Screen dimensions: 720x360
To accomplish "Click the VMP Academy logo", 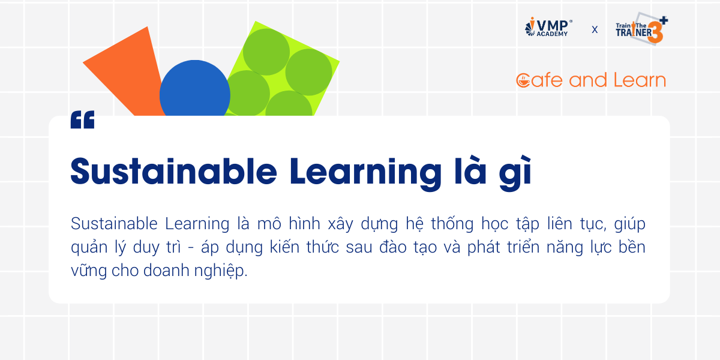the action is pyautogui.click(x=548, y=27).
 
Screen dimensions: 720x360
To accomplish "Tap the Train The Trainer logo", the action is pyautogui.click(x=642, y=29).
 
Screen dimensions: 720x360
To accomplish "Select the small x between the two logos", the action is pyautogui.click(x=595, y=30).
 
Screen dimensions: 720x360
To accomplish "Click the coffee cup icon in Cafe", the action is pyautogui.click(x=523, y=80).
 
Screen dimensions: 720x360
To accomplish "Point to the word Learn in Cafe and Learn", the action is pyautogui.click(x=640, y=80).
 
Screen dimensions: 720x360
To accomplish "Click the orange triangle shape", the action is pyautogui.click(x=125, y=71).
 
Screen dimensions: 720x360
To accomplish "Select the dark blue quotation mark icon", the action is pyautogui.click(x=83, y=119).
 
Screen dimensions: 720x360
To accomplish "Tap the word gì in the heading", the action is pyautogui.click(x=515, y=173).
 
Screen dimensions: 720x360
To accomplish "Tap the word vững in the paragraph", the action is pyautogui.click(x=88, y=271).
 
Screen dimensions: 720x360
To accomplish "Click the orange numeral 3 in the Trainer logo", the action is pyautogui.click(x=655, y=32).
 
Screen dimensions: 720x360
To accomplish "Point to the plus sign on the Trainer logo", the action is pyautogui.click(x=664, y=20).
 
